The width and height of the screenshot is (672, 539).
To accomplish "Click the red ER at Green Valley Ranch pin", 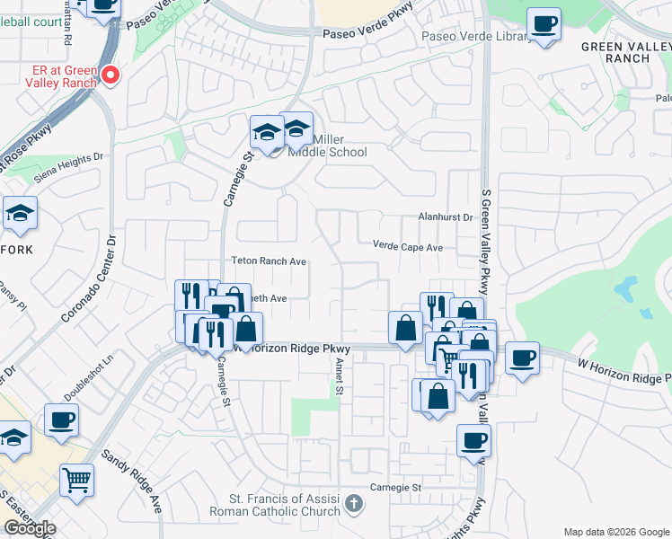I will (111, 75).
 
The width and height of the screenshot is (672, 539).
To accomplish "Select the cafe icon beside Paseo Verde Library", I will (544, 24).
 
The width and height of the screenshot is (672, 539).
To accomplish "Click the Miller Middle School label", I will (328, 146).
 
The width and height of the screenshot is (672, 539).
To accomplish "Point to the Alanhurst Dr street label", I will (446, 217).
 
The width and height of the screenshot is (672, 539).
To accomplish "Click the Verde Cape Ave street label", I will (409, 246).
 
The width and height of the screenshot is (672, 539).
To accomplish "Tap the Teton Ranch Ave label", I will (270, 261).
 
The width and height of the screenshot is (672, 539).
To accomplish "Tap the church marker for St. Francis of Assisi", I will (356, 503).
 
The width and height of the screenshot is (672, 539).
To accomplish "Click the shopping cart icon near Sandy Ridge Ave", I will (77, 480).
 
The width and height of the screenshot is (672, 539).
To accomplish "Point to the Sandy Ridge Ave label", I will (131, 482).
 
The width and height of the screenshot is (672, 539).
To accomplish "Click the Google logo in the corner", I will (29, 528).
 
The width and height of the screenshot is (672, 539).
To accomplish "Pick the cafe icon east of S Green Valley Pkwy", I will (522, 358).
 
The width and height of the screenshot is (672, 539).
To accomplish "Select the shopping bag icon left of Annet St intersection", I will (405, 327).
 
